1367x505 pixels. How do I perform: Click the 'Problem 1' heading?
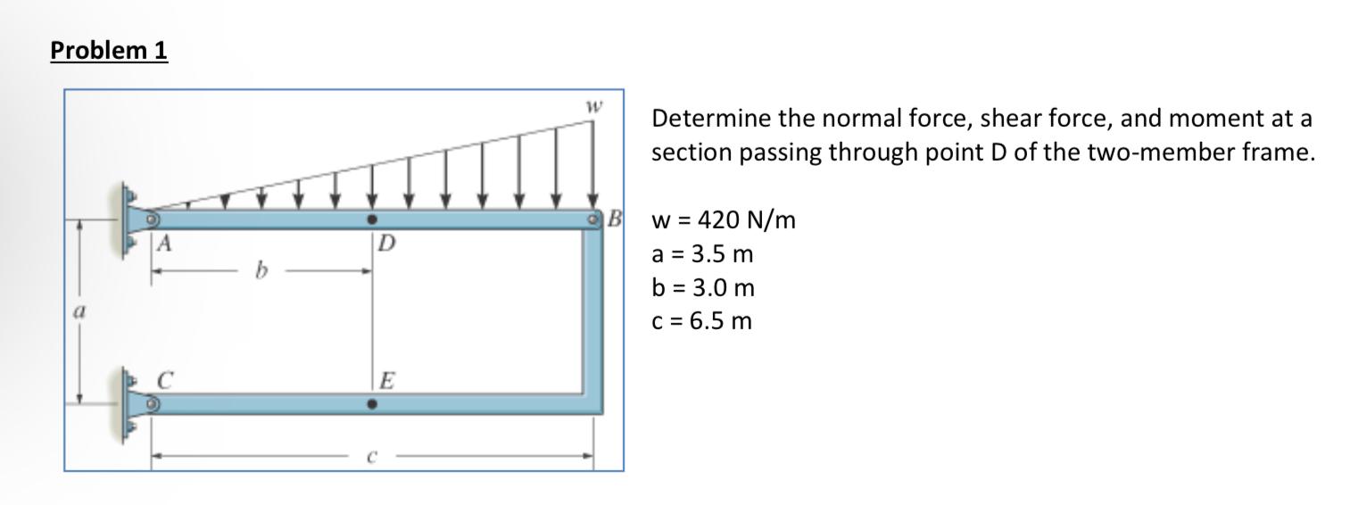tap(109, 51)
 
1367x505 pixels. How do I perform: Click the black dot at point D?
tap(373, 219)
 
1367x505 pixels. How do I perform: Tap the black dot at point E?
tap(373, 404)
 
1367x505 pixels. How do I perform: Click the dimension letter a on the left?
tap(78, 314)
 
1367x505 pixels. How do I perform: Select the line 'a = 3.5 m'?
tap(703, 254)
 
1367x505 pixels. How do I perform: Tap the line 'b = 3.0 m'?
tap(703, 288)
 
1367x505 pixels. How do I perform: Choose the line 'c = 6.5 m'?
tap(702, 321)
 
